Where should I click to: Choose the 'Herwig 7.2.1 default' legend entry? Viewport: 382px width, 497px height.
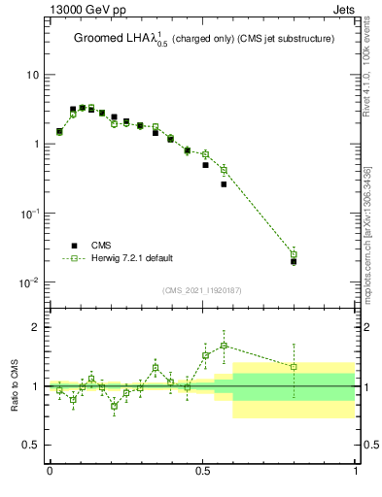pos(132,258)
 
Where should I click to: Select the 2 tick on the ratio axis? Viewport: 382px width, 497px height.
pos(35,327)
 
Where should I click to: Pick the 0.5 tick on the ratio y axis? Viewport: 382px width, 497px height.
pos(31,445)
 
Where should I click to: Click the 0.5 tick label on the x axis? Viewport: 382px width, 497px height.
pos(202,470)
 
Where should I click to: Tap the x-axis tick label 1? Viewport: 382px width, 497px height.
pos(356,470)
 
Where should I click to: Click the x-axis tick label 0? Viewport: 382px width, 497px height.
pos(50,470)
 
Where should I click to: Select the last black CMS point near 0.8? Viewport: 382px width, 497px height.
pos(294,261)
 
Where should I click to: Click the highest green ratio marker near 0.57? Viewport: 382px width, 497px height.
pos(224,346)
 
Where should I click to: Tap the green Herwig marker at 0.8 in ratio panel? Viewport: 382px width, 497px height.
pos(294,367)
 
